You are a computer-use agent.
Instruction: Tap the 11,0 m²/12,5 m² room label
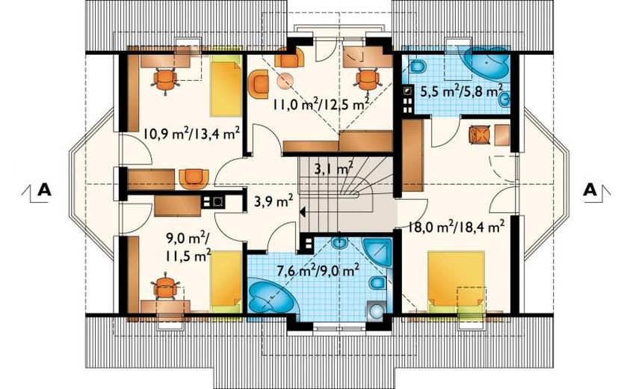(x=321, y=105)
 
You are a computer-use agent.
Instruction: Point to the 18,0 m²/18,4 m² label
(x=456, y=226)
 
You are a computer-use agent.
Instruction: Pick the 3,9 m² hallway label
(x=274, y=200)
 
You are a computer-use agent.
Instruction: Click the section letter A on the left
(x=44, y=189)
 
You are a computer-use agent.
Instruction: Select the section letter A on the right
(x=590, y=189)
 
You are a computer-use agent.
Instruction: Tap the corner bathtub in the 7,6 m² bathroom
(x=268, y=295)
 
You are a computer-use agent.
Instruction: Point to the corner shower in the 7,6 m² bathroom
(x=378, y=251)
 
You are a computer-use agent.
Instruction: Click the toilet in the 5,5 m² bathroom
(x=418, y=67)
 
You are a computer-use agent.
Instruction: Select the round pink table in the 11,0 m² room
(x=285, y=80)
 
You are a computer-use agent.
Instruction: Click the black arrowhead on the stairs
(x=303, y=211)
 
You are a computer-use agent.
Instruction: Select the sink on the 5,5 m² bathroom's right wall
(x=504, y=99)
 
